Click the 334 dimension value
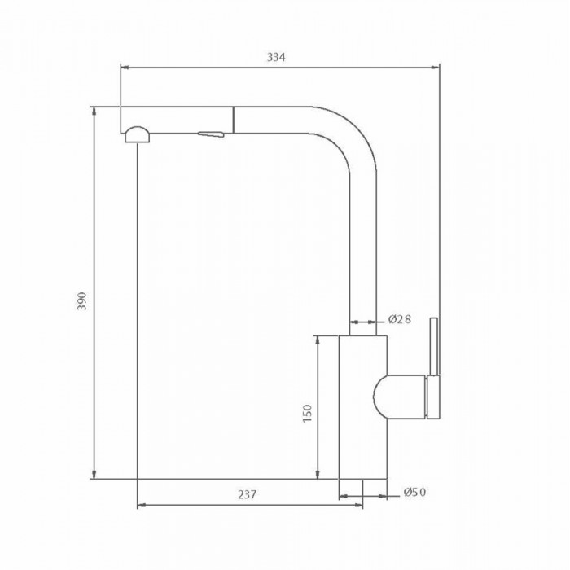click(x=276, y=57)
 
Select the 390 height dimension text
click(x=83, y=301)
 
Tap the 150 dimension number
click(x=308, y=414)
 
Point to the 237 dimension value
click(x=248, y=494)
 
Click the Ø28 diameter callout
click(x=400, y=319)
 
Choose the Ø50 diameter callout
click(x=414, y=492)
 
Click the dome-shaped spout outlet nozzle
click(x=137, y=134)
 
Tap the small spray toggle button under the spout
click(x=210, y=134)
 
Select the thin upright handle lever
click(x=434, y=346)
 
